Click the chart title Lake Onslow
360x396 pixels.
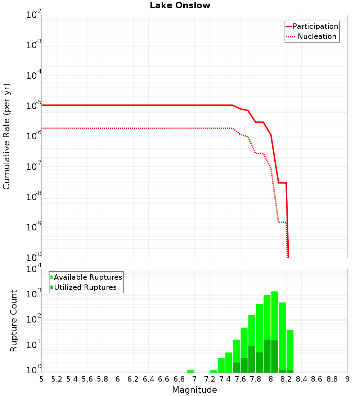[180, 6]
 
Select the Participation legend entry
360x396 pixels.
[312, 26]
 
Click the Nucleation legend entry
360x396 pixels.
[312, 36]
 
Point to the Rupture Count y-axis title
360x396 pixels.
[14, 321]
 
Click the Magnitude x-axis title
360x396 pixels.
[194, 390]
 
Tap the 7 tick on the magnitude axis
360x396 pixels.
[194, 379]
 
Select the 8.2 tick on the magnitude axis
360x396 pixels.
[286, 379]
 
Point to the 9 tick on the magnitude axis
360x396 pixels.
[347, 379]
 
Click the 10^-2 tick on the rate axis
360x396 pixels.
[33, 15]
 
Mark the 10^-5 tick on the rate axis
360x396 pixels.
[33, 106]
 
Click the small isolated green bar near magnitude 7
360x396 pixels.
[190, 371]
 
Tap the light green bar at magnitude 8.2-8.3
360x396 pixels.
[290, 349]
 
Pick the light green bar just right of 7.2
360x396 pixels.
[213, 371]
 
